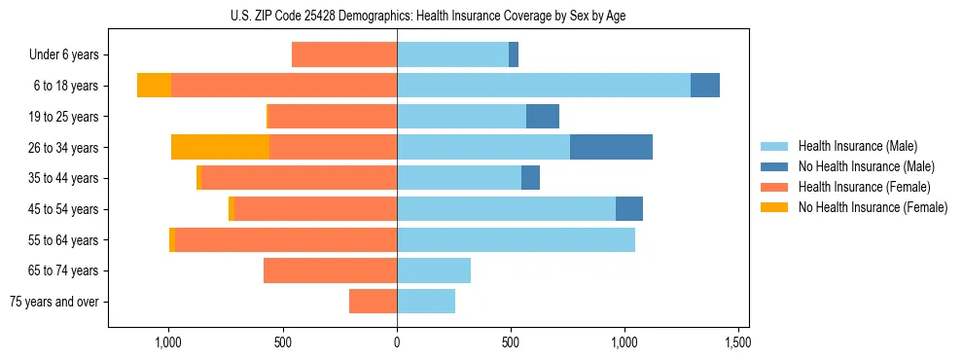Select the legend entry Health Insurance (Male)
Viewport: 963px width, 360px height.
[x=857, y=146]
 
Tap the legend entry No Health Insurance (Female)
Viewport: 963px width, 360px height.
[x=873, y=207]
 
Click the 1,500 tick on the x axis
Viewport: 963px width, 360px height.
[x=737, y=343]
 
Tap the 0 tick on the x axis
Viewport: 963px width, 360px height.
[x=397, y=343]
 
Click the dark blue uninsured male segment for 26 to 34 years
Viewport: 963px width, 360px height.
[x=611, y=147]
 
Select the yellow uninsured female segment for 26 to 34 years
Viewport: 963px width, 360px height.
[x=220, y=147]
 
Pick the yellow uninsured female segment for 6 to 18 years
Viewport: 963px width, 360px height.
[x=154, y=86]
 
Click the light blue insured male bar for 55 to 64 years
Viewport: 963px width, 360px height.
[x=516, y=239]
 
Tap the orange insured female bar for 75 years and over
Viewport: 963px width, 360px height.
[x=373, y=302]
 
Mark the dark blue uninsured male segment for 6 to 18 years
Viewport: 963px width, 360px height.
[x=705, y=86]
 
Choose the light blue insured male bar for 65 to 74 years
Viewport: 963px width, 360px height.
[x=434, y=270]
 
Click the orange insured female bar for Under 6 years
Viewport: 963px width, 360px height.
[x=344, y=54]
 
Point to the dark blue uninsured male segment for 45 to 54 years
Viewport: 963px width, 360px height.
[x=629, y=209]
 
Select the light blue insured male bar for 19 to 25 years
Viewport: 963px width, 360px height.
[x=461, y=117]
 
